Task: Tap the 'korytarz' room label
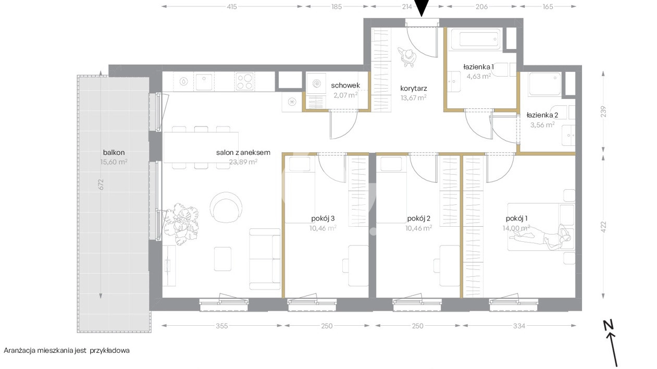pos(414,88)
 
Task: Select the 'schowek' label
pos(345,85)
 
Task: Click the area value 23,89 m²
pos(243,162)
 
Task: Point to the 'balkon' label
pos(114,153)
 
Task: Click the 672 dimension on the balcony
pos(101,184)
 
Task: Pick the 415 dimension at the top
pos(232,6)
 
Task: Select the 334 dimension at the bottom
pos(519,326)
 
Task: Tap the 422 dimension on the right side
pos(603,227)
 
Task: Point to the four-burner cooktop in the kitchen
pos(244,81)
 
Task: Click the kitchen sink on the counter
pos(204,82)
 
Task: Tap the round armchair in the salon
pos(226,207)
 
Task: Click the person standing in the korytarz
pos(407,57)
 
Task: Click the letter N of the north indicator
pos(609,326)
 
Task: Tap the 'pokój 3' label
pos(323,218)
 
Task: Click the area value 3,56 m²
pos(542,125)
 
